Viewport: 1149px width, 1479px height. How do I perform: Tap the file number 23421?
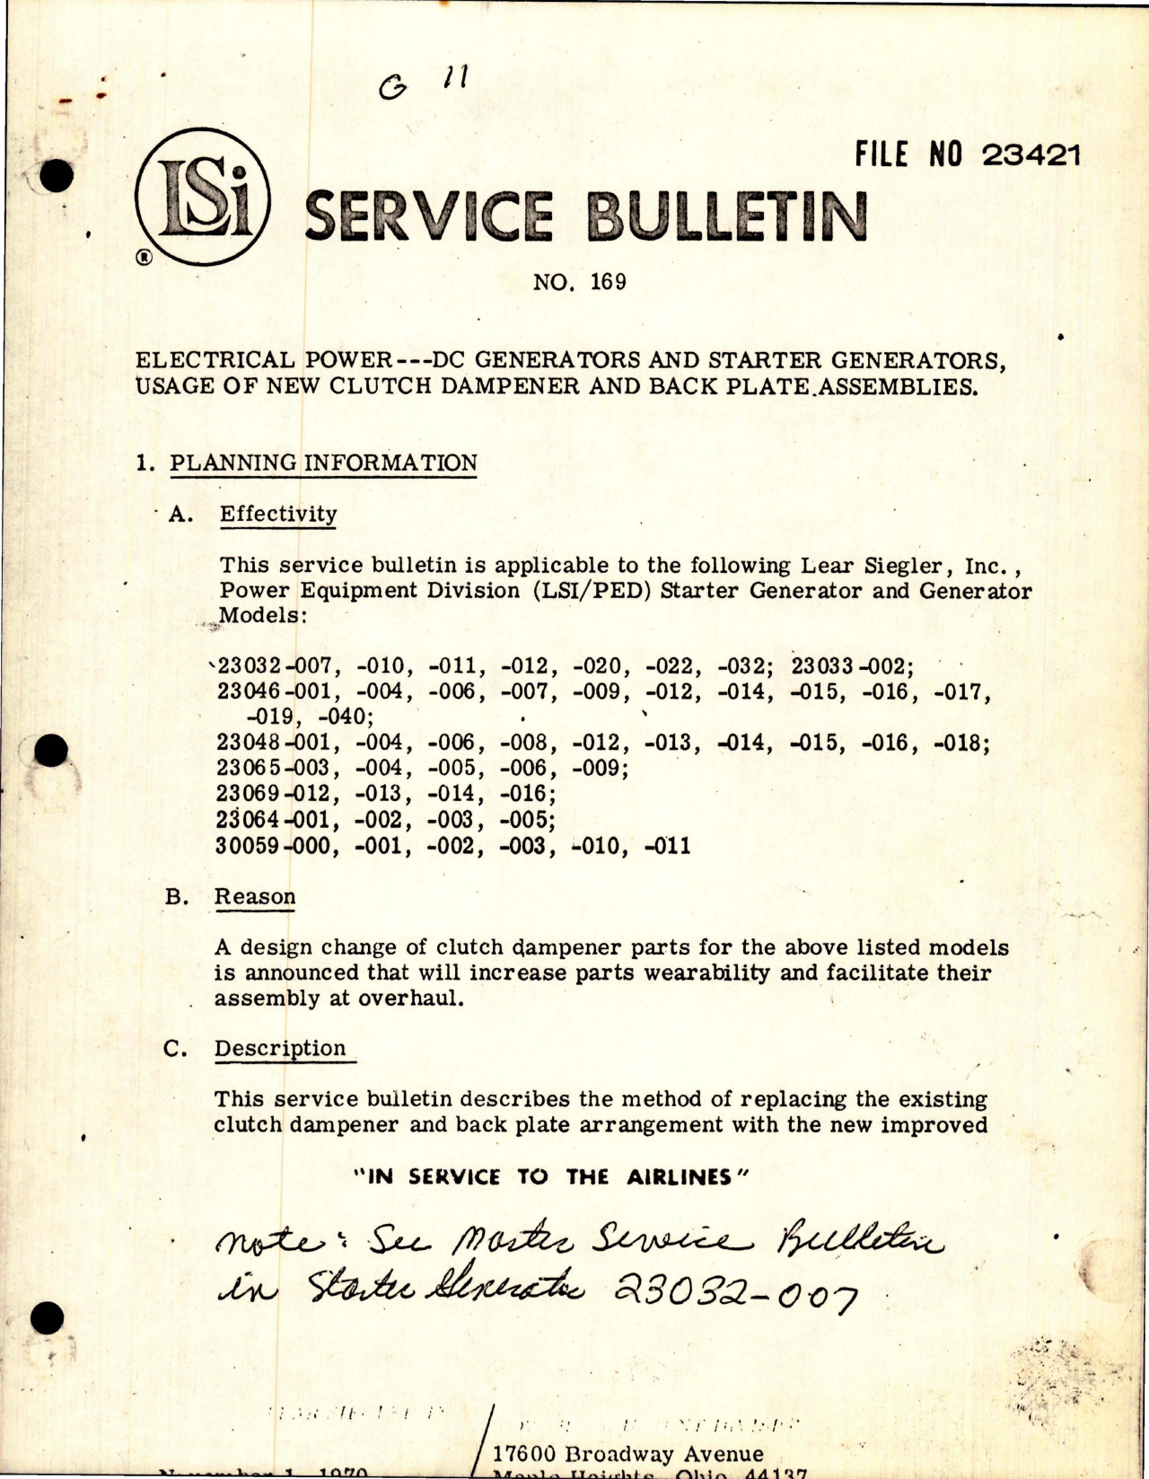point(1031,155)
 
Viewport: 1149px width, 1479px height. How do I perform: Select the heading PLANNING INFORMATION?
point(323,462)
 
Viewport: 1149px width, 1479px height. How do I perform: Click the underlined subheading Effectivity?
point(278,514)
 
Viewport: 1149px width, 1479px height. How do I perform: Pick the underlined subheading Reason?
point(255,896)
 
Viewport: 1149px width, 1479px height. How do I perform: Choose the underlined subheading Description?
point(279,1048)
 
